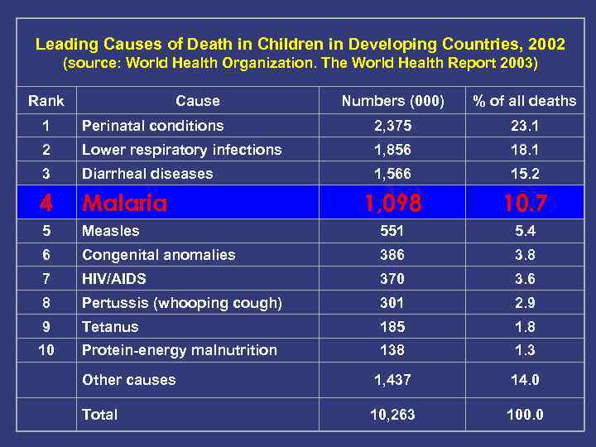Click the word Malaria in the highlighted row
[x=124, y=203]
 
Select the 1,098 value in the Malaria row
[x=392, y=203]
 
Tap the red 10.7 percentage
[x=525, y=203]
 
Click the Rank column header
[x=46, y=101]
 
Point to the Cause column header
[x=198, y=101]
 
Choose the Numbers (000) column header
[x=393, y=101]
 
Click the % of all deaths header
[x=525, y=101]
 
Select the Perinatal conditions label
[x=152, y=126]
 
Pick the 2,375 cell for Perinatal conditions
[x=393, y=126]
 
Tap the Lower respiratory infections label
[x=181, y=150]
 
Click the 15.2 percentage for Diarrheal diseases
[x=525, y=174]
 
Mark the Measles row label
[x=110, y=231]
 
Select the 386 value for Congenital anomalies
[x=393, y=255]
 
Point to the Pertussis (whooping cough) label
[x=181, y=303]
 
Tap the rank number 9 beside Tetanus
[x=46, y=327]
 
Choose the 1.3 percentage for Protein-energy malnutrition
[x=525, y=350]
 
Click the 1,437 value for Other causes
[x=393, y=380]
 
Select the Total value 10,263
[x=393, y=415]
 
